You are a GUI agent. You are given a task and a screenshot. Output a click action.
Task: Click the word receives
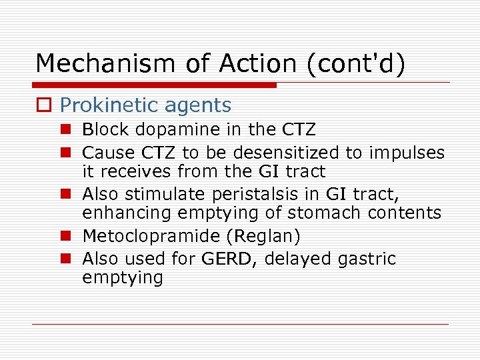[138, 171]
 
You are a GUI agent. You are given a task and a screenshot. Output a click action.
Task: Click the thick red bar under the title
[155, 85]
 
